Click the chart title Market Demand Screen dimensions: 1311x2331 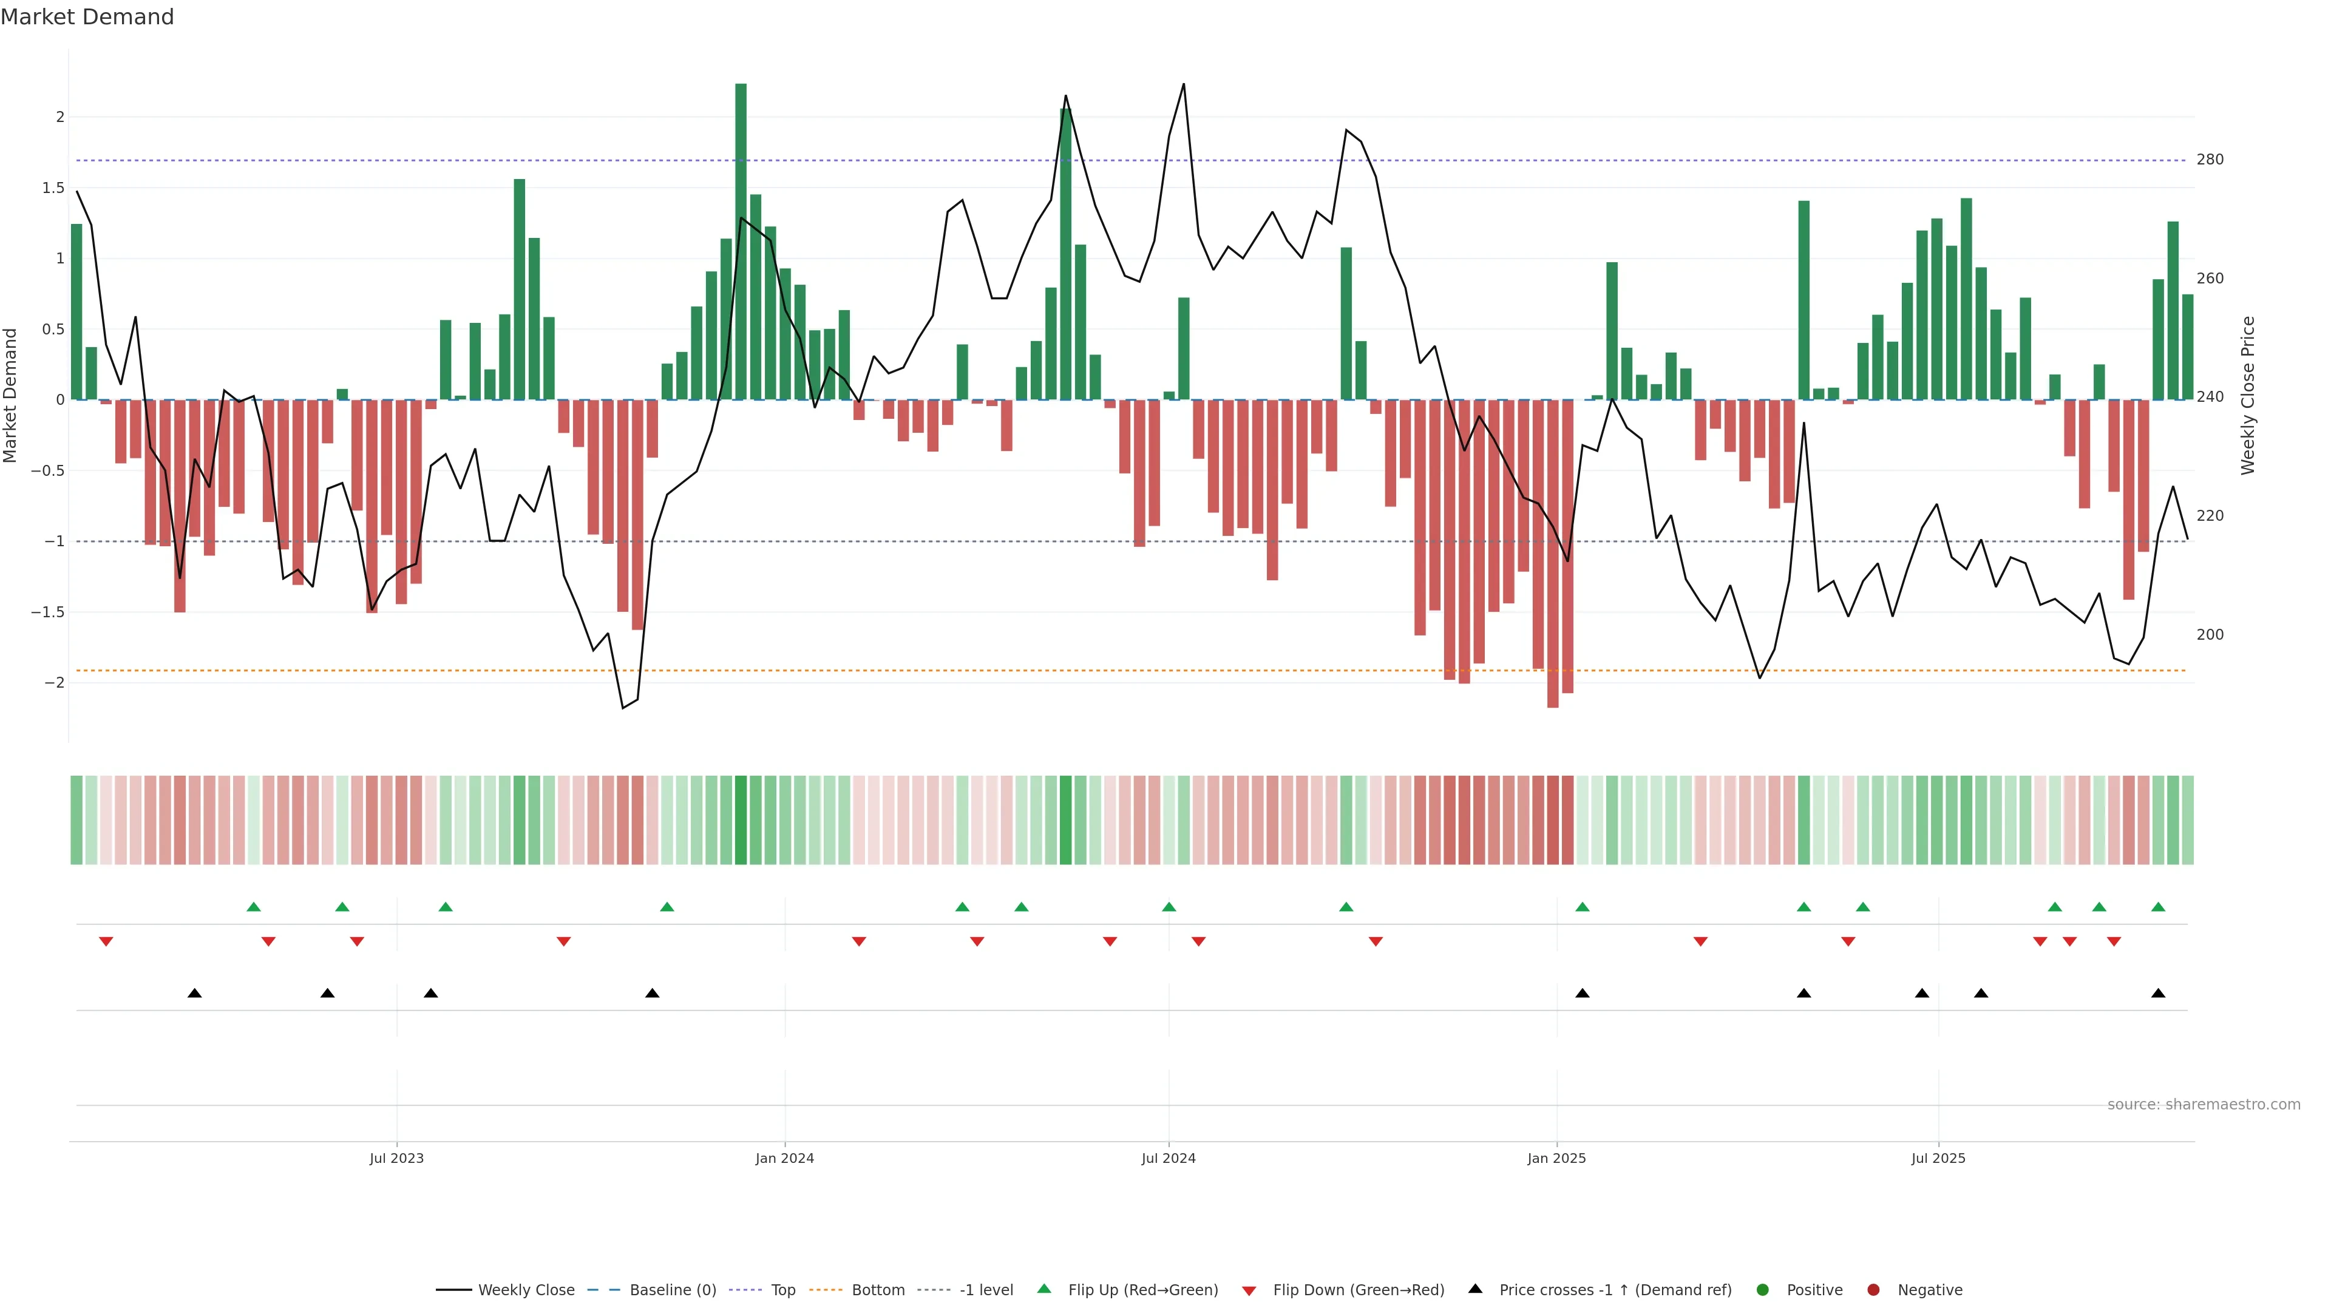point(87,17)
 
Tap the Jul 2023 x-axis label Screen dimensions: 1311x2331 point(396,1158)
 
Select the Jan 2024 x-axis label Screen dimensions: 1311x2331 point(784,1158)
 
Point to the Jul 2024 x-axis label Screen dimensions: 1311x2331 point(1168,1158)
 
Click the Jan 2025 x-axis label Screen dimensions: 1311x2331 point(1556,1158)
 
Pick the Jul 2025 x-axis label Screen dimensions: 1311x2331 point(1938,1158)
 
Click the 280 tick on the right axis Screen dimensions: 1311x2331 point(2210,159)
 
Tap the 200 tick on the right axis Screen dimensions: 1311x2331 point(2210,634)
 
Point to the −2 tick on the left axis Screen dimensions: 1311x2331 point(54,682)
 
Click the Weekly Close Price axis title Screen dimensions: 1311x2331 point(2248,395)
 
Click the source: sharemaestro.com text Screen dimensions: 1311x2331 point(2204,1105)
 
